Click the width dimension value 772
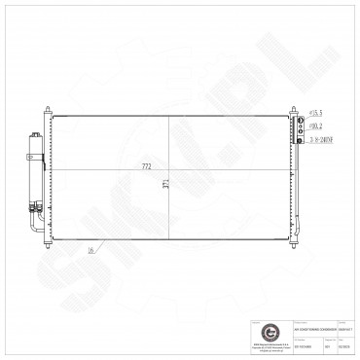tap(148, 167)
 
